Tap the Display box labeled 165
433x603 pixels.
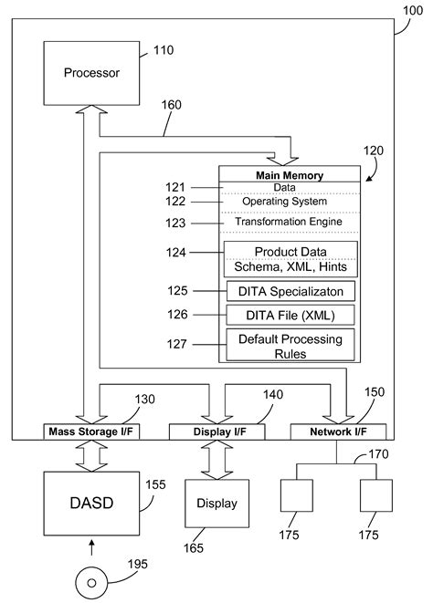point(216,504)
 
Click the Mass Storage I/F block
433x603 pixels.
point(92,431)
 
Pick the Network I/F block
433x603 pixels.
point(337,431)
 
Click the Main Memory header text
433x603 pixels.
point(291,175)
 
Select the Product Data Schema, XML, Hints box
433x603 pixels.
point(291,259)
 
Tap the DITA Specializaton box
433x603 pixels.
point(291,291)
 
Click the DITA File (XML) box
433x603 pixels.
point(291,315)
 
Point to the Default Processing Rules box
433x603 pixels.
point(291,345)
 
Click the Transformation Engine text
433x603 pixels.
point(289,222)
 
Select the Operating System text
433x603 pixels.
point(284,201)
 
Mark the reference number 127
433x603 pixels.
point(176,345)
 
